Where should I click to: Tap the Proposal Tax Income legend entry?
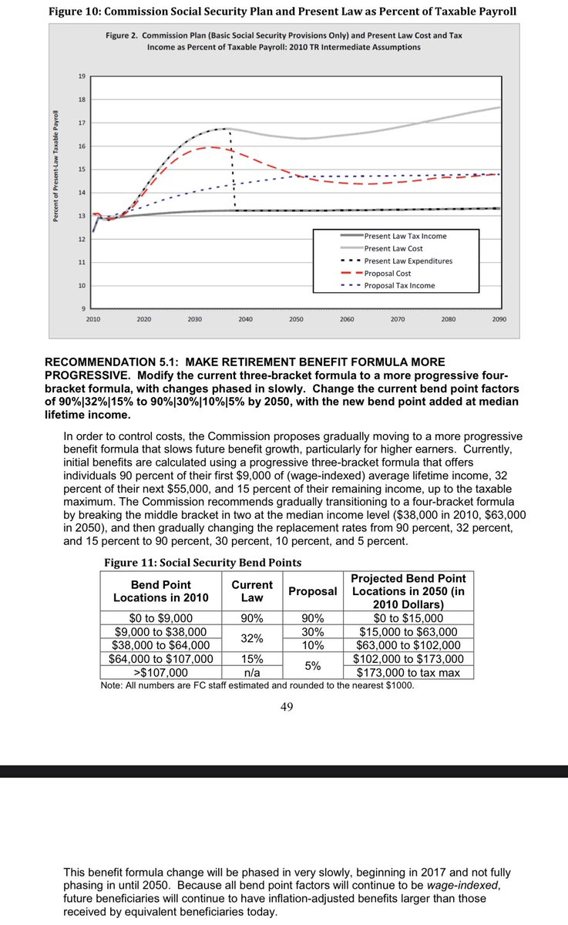(399, 285)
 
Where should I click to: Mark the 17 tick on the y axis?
(82, 123)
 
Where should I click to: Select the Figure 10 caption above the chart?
(282, 12)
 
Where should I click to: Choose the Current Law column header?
(252, 591)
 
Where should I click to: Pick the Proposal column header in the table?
(312, 591)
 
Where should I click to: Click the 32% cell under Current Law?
(252, 638)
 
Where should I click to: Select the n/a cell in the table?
(252, 672)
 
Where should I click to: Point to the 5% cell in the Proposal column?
(312, 665)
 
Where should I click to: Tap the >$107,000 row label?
(160, 672)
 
